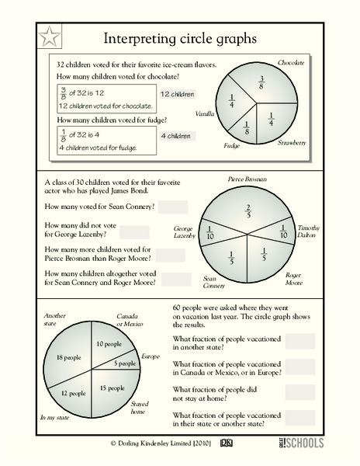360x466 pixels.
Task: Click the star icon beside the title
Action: tap(49, 36)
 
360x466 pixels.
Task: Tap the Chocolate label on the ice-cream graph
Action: tap(291, 61)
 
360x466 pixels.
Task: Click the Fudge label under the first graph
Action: tap(232, 145)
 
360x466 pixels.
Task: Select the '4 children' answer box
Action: tap(177, 136)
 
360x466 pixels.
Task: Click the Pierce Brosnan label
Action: tap(247, 179)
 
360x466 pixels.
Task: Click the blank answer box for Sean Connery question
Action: tap(173, 207)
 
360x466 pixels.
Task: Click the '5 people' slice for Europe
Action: tap(124, 363)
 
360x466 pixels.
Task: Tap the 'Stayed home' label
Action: tap(139, 408)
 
